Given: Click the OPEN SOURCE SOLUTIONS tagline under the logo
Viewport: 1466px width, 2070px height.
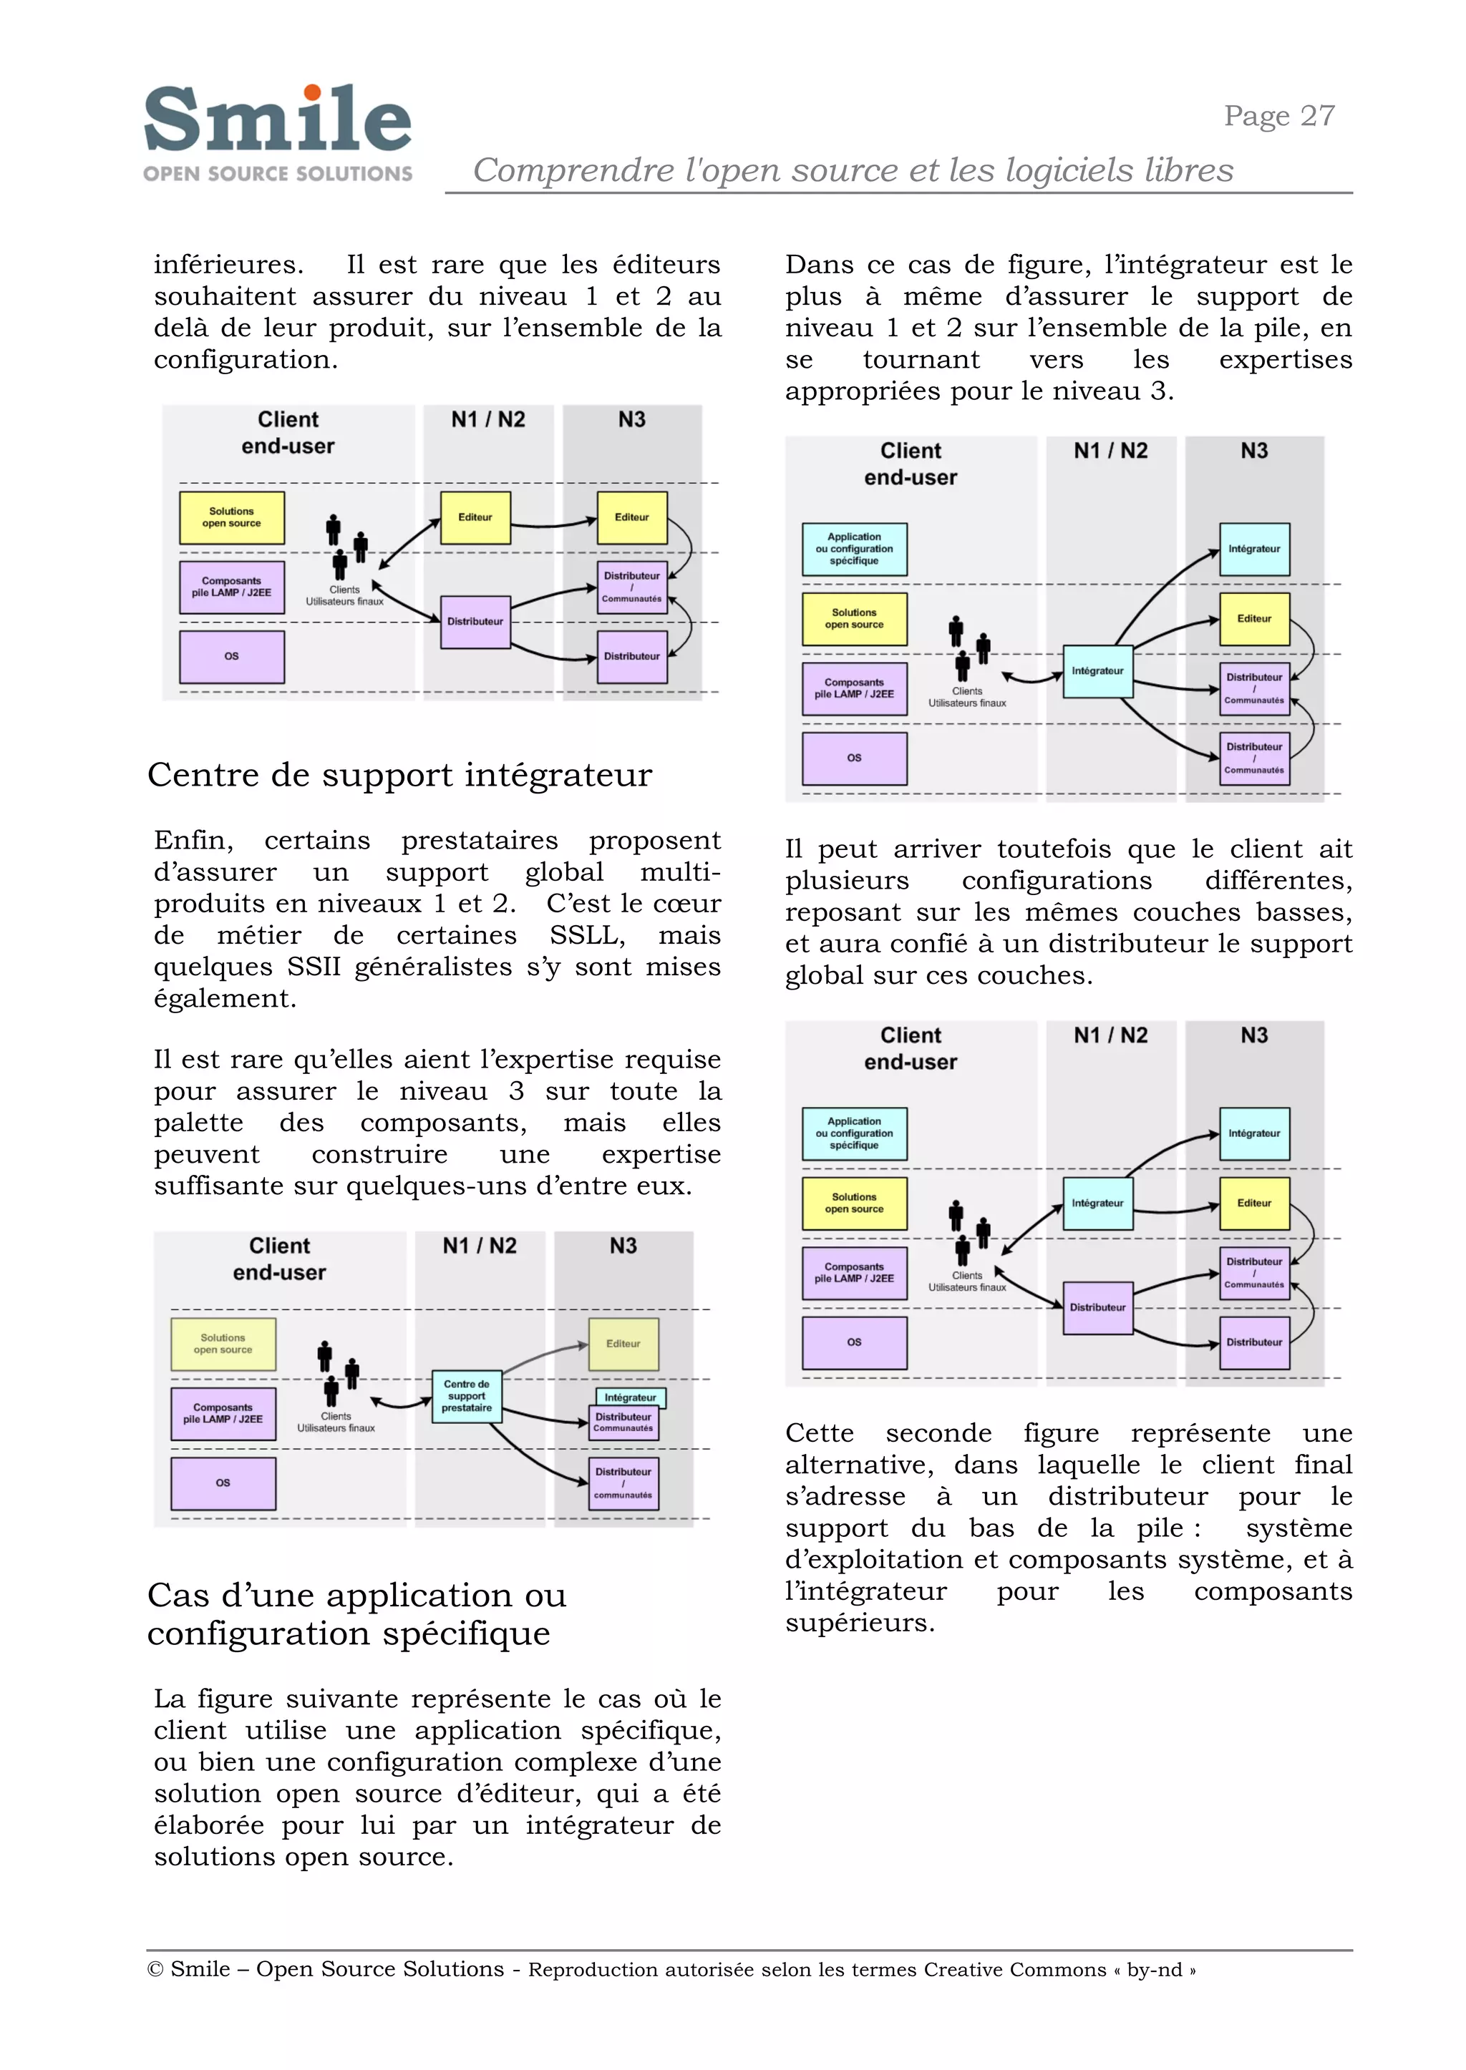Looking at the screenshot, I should [x=277, y=173].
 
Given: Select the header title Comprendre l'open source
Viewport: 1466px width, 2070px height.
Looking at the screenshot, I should [x=852, y=170].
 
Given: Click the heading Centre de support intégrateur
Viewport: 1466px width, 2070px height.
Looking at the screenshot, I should [x=399, y=774].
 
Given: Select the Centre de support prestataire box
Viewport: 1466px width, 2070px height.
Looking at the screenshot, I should [x=467, y=1396].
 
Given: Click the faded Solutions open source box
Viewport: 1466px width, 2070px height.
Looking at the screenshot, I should [x=223, y=1344].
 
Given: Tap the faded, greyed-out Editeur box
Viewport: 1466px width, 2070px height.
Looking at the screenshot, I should [x=623, y=1344].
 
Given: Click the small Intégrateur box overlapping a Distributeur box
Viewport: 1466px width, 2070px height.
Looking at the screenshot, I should [x=630, y=1397].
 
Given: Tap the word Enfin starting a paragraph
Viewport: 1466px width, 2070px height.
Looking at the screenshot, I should [x=193, y=840].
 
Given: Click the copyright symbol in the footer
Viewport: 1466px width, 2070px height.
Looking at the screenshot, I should [x=155, y=1969].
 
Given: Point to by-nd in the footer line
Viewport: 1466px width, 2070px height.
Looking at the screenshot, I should [x=1155, y=1970].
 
